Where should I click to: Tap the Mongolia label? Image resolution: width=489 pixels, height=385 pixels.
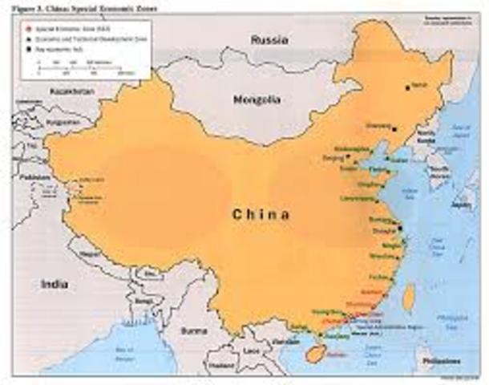point(256,100)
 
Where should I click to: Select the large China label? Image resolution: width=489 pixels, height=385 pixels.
point(261,214)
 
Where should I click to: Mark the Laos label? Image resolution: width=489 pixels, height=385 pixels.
point(253,350)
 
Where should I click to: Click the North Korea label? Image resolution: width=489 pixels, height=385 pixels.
point(425,136)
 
